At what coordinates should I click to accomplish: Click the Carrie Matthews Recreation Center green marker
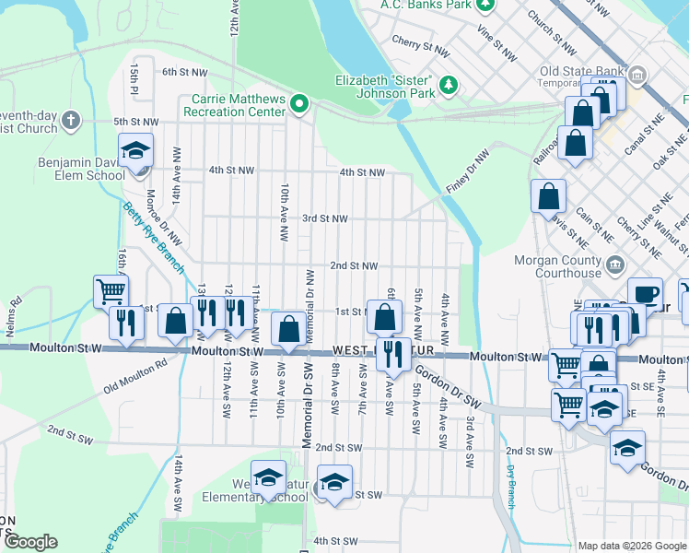click(x=299, y=105)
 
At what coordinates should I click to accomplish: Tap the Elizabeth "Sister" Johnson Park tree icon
click(x=450, y=86)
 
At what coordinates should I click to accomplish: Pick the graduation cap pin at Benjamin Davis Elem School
click(x=135, y=152)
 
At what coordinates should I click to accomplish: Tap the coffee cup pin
click(x=645, y=294)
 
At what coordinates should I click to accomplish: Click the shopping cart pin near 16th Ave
click(x=111, y=292)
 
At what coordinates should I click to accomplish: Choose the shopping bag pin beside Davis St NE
click(x=548, y=196)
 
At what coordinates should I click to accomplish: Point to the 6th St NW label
click(x=181, y=72)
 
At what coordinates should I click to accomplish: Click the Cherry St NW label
click(x=420, y=41)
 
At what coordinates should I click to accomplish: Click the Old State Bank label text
click(x=578, y=71)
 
